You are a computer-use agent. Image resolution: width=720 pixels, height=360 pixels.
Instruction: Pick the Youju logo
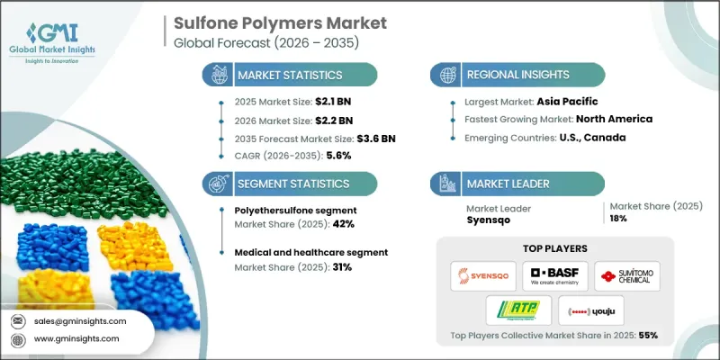[x=593, y=311]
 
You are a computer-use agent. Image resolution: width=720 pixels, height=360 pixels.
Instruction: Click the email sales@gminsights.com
[x=81, y=320]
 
